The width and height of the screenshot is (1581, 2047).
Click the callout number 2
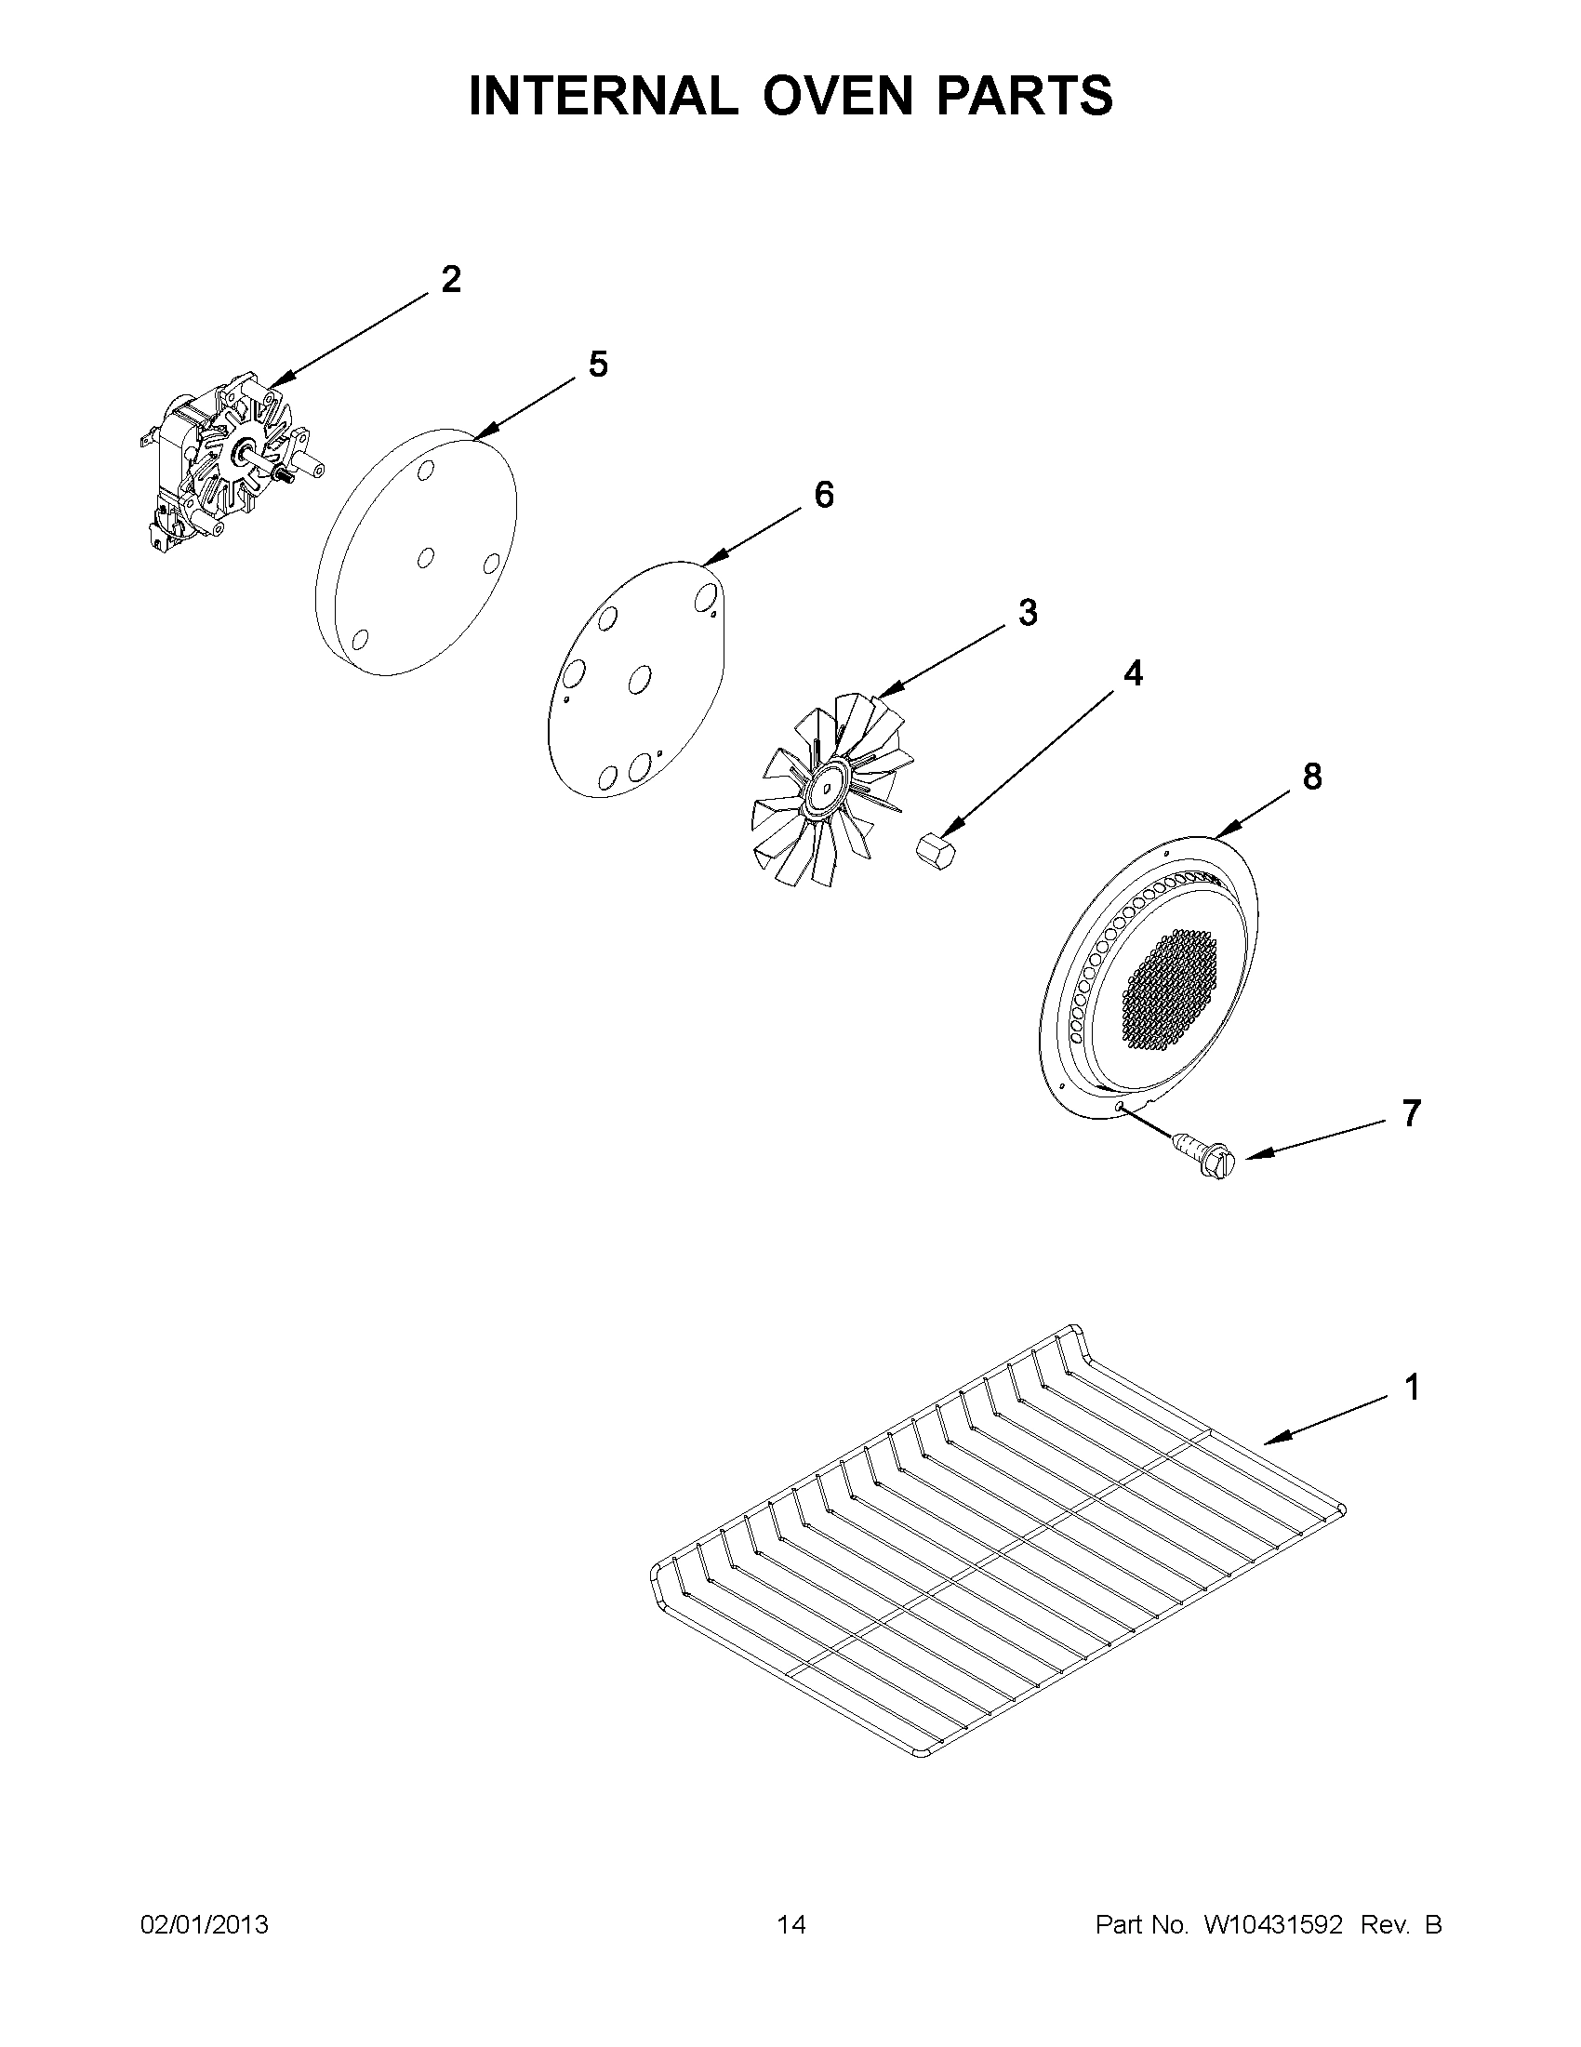pos(451,279)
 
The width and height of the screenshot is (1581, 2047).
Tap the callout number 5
pos(598,364)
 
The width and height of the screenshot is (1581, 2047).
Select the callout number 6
pos(824,495)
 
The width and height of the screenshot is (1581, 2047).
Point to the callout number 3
pos(1028,613)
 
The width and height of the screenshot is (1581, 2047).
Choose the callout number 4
pos(1133,673)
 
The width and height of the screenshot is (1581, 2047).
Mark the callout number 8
pos(1312,776)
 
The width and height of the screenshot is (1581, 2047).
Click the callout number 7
pos(1412,1113)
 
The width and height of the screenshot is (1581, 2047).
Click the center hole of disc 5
pos(425,558)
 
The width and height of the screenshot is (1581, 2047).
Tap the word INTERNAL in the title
pos(603,96)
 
